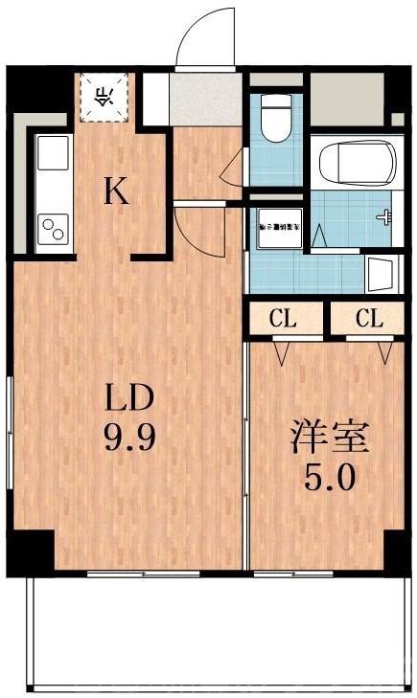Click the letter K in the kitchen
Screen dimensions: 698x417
click(116, 192)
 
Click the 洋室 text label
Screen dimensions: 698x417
click(331, 438)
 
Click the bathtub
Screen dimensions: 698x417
click(355, 163)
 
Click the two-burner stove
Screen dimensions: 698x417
click(53, 229)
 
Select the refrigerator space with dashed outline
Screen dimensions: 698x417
click(104, 96)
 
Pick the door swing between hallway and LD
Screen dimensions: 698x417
click(197, 230)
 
